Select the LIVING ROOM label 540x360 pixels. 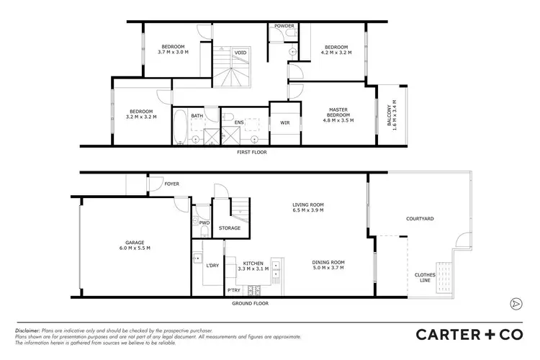307,207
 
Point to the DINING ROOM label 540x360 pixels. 328,265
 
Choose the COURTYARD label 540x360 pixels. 418,218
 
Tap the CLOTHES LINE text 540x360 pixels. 424,278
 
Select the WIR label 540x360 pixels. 285,123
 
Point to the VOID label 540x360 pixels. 240,53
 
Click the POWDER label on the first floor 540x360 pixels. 284,26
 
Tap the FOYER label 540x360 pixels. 171,184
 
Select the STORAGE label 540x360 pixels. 230,228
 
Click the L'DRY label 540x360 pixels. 212,266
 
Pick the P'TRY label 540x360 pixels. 233,290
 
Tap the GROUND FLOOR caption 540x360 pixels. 251,305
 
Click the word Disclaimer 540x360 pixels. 29,330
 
